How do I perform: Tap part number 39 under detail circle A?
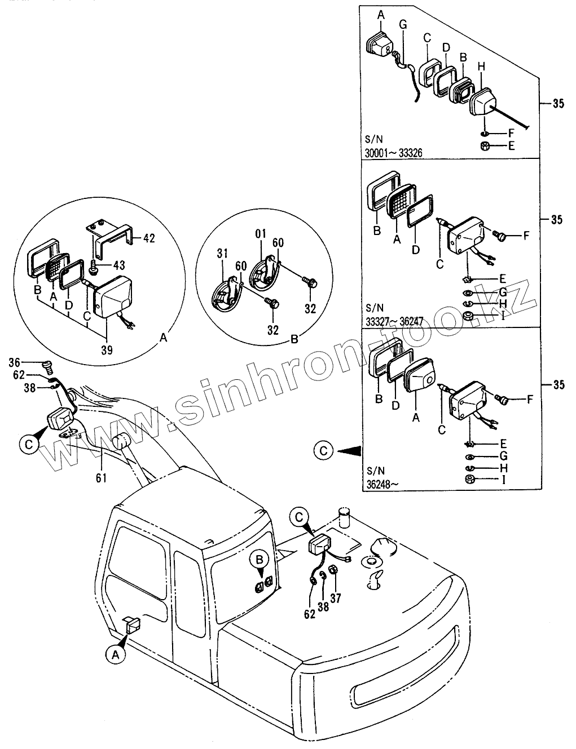pos(107,350)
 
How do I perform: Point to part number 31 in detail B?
pos(222,255)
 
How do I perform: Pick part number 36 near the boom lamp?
pos(30,362)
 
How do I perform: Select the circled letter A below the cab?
pos(115,654)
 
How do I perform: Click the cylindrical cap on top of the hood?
pos(345,517)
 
